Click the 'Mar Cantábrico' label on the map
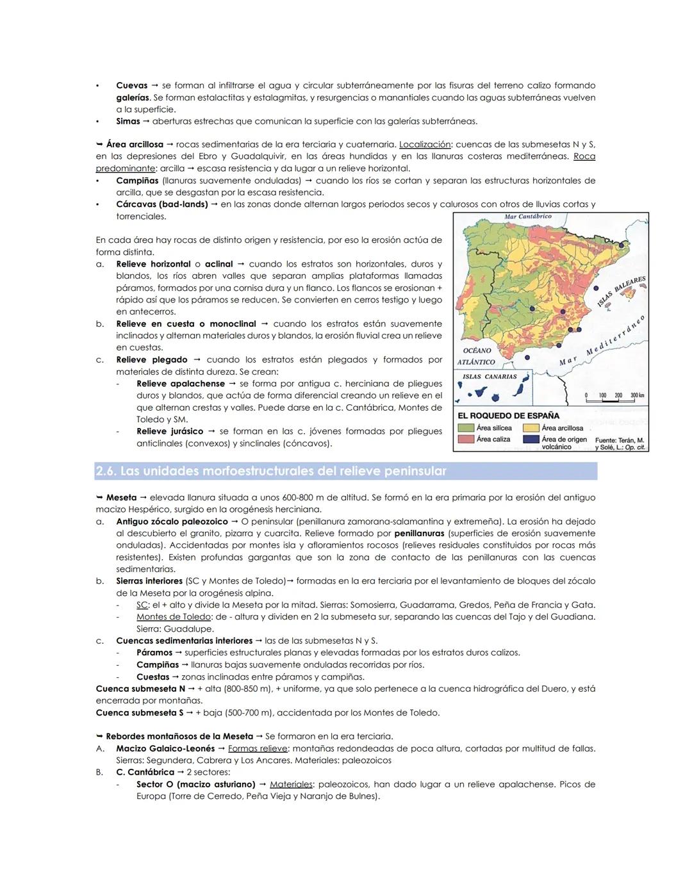528,217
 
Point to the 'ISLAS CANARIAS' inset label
490,376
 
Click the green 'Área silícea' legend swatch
466,428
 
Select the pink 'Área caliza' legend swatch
466,439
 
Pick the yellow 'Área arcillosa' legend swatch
531,428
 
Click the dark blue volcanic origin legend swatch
531,439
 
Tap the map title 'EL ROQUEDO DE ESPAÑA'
509,416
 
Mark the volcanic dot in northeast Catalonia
620,243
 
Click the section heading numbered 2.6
270,472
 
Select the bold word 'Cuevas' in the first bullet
131,85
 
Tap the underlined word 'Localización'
425,145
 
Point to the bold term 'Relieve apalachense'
181,384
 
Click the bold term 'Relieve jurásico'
170,432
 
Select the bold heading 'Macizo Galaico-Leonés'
165,748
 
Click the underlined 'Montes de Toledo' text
173,617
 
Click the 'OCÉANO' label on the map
477,350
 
